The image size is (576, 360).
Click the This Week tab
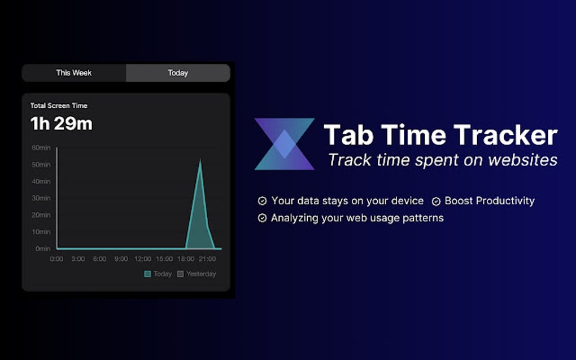coord(73,73)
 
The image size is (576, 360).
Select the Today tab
coord(178,73)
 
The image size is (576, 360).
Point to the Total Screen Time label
coord(59,106)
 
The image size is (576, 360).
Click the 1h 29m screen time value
coord(61,124)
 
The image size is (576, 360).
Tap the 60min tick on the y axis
coord(41,148)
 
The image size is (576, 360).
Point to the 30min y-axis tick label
coord(41,198)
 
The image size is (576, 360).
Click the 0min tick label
coord(43,248)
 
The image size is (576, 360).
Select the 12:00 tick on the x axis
coord(142,259)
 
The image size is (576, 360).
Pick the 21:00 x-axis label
coord(207,259)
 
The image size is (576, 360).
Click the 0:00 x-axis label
coord(56,259)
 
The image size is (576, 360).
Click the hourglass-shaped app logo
coord(284,144)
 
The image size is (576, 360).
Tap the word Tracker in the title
coord(505,135)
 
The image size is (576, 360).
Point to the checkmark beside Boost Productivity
coord(436,201)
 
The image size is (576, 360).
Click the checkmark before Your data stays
coord(262,201)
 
